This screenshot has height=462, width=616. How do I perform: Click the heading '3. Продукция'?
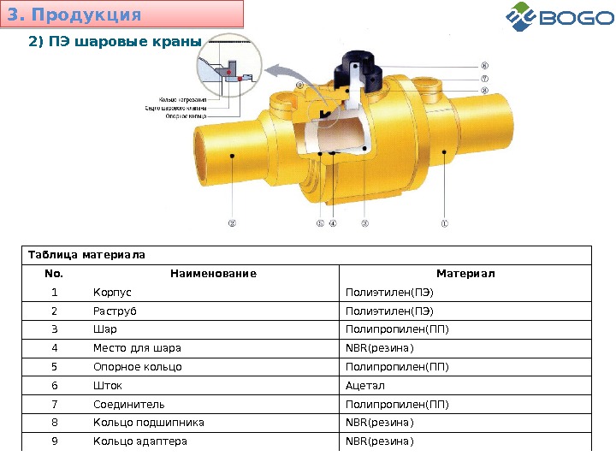pos(74,15)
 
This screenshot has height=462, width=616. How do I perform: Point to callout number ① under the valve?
pos(444,226)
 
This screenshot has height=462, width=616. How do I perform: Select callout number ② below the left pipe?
pos(232,226)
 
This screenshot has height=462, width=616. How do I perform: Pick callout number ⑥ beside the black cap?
pos(484,64)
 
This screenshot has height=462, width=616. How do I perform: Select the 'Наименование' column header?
pos(213,274)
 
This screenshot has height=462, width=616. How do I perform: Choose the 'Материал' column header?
pos(465,274)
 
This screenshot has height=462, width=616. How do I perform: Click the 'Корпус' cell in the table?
pos(112,293)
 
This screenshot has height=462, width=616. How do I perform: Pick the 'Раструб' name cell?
pos(114,311)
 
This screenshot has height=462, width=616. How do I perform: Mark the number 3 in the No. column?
pos(54,329)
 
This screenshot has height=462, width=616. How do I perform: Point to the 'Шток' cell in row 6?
pos(107,385)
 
